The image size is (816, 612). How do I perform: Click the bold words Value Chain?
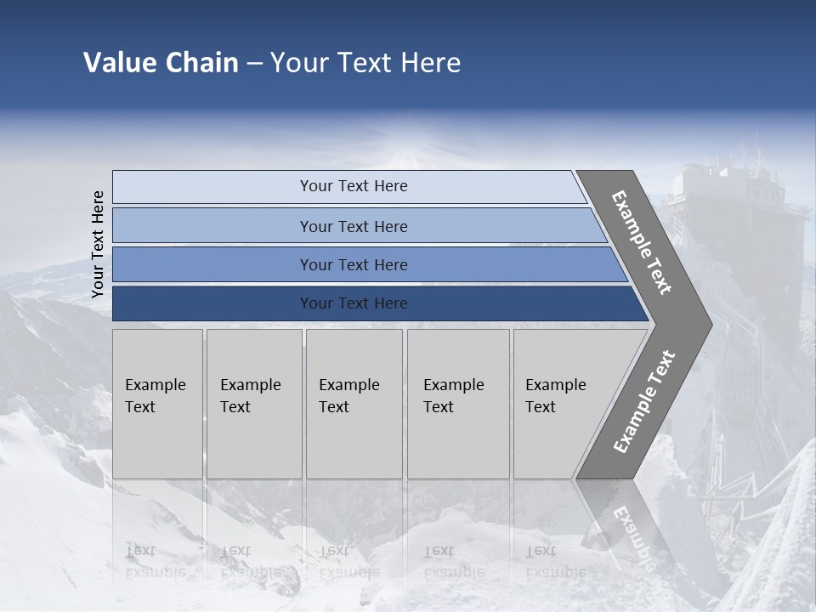(x=161, y=63)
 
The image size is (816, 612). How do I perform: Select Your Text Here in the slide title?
(x=365, y=63)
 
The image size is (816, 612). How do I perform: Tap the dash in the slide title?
(x=254, y=64)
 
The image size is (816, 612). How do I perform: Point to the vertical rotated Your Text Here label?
(x=98, y=244)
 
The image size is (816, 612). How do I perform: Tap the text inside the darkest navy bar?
(x=354, y=303)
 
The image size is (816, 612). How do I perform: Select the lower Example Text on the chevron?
(x=644, y=401)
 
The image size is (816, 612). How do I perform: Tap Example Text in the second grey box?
(x=250, y=396)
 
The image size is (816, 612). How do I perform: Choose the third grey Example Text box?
(x=354, y=404)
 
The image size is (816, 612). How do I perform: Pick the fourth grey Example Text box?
(x=458, y=404)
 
